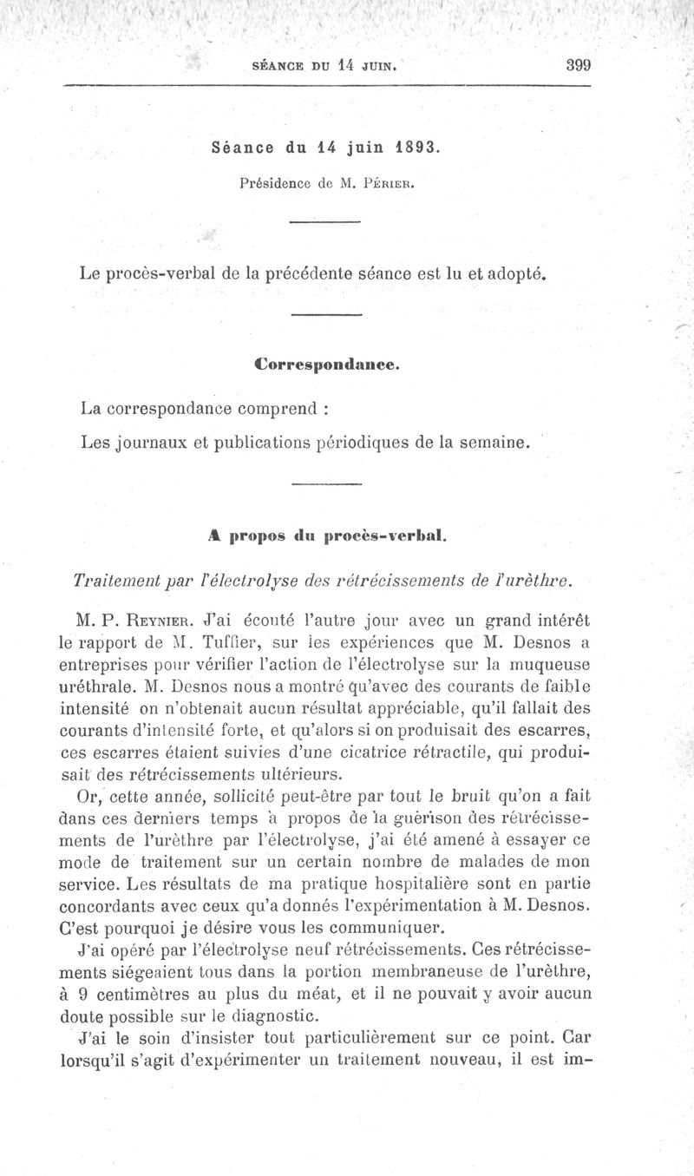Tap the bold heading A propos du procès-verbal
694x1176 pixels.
point(324,535)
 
